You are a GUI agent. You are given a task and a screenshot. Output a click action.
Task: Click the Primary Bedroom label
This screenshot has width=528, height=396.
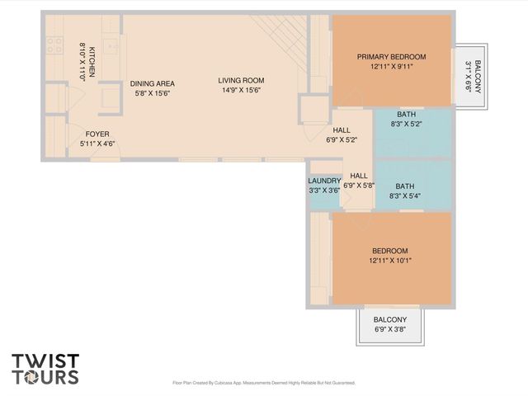[391, 56]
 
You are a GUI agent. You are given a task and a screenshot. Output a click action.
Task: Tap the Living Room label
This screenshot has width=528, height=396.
[241, 80]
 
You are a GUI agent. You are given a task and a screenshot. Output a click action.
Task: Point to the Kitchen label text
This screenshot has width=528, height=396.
[92, 62]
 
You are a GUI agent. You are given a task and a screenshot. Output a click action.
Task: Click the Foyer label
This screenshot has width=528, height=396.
[97, 134]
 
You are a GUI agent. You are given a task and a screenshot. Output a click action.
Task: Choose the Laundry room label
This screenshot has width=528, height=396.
[324, 181]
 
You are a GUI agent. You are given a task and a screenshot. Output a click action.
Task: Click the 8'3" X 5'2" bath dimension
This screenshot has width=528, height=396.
[405, 125]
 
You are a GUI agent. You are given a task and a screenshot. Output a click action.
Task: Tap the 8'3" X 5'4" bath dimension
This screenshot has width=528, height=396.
[405, 196]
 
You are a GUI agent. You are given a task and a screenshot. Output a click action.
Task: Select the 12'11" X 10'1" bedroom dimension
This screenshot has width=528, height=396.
[391, 261]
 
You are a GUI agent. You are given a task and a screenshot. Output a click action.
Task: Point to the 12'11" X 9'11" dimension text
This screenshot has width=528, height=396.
[391, 67]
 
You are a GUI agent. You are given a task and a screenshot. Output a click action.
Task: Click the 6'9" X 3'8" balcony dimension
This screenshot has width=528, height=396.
[390, 330]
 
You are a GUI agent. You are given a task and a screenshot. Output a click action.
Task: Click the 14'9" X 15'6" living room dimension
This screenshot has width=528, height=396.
[241, 91]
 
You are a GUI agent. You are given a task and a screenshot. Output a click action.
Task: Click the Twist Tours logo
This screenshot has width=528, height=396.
[45, 368]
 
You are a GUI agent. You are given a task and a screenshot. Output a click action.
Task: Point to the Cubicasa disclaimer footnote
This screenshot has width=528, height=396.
[263, 383]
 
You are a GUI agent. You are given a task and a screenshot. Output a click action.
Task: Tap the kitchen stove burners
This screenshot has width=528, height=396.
[55, 46]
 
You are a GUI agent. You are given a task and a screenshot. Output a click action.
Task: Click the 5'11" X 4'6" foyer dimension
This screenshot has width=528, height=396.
[97, 144]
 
